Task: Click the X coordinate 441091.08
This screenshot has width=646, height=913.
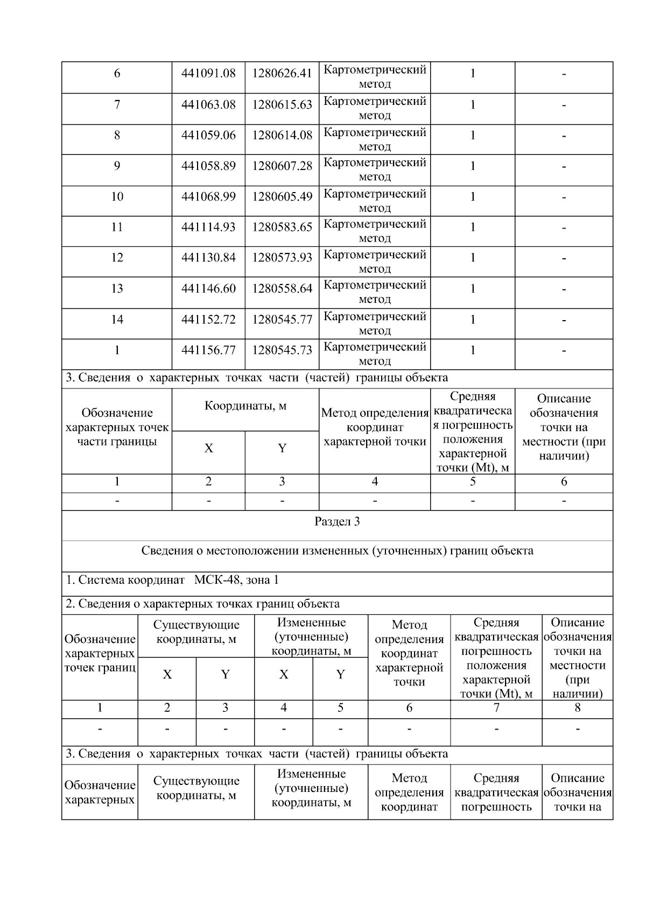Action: click(x=208, y=74)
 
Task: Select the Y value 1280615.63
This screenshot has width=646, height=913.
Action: click(x=282, y=105)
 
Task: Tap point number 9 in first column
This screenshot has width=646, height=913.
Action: click(x=117, y=166)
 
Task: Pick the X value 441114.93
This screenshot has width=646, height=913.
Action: click(x=208, y=228)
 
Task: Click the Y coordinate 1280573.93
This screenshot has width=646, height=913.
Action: click(x=282, y=258)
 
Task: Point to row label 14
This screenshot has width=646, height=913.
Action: click(x=117, y=320)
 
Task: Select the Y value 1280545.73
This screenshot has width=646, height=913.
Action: click(x=282, y=351)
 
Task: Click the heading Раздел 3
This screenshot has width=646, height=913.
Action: click(x=337, y=522)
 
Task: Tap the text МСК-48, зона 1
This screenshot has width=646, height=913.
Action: click(x=236, y=581)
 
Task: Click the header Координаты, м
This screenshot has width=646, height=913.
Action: click(x=245, y=406)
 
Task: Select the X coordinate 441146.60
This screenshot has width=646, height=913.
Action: click(x=208, y=289)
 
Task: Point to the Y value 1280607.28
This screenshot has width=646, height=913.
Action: click(x=282, y=166)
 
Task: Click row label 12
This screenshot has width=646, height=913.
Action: click(x=117, y=258)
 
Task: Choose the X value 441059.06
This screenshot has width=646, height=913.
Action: click(x=208, y=136)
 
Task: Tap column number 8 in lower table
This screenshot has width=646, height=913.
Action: click(x=577, y=708)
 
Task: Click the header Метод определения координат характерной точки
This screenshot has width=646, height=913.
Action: click(x=375, y=428)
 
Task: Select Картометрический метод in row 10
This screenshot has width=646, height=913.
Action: click(x=375, y=201)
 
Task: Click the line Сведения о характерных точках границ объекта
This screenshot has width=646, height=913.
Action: click(x=202, y=604)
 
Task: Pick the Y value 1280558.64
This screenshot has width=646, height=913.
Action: click(x=282, y=289)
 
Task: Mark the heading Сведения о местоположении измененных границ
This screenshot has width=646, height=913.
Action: click(x=337, y=551)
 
